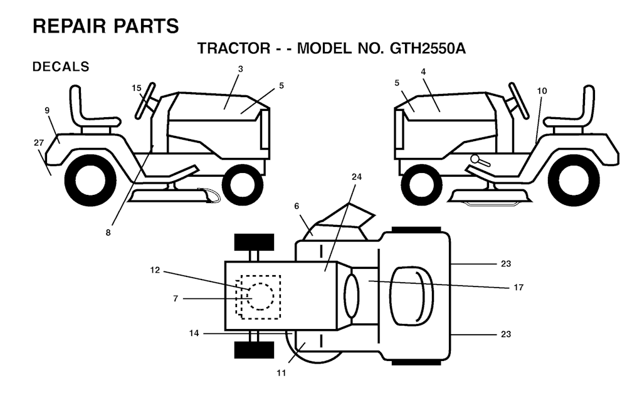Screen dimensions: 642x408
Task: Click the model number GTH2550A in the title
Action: (x=428, y=49)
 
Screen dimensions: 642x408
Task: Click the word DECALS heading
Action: (x=61, y=66)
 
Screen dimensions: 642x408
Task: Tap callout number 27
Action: (x=39, y=143)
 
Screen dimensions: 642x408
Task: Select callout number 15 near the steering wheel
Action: (x=136, y=88)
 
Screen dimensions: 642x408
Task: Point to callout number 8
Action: (x=108, y=233)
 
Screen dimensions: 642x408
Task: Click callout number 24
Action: (x=357, y=177)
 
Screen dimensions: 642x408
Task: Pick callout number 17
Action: (x=518, y=288)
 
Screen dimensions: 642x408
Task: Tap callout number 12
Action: (x=155, y=271)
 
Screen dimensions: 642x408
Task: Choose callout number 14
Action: (x=194, y=333)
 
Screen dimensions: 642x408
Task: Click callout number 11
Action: (x=281, y=373)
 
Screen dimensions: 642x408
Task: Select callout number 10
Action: (x=542, y=91)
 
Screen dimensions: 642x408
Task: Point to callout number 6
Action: (x=297, y=206)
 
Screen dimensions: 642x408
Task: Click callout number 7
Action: (x=176, y=299)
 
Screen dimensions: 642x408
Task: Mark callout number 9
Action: (x=47, y=110)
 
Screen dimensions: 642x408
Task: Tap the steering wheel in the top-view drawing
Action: (x=351, y=296)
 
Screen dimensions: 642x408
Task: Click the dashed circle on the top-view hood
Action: (x=260, y=296)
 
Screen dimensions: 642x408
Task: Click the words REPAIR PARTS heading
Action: (x=105, y=26)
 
